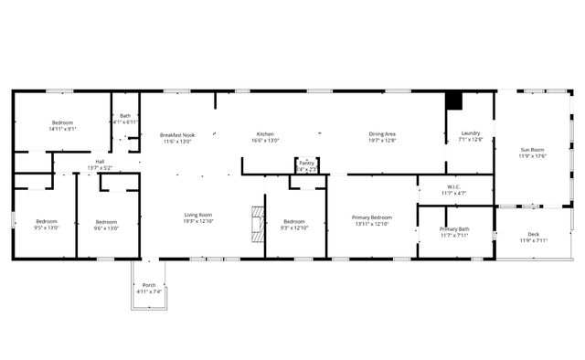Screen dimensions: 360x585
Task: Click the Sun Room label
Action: click(532, 150)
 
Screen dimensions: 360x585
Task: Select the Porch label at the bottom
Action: click(149, 285)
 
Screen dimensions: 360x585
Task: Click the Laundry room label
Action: click(471, 133)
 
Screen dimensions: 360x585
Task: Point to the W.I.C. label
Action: click(454, 186)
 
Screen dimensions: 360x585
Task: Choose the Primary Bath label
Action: click(454, 228)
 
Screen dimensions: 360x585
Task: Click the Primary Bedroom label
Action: click(372, 217)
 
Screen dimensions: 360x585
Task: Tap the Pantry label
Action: click(306, 163)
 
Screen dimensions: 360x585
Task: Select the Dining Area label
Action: click(382, 134)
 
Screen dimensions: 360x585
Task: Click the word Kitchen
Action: click(265, 134)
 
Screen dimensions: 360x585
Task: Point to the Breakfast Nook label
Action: click(177, 134)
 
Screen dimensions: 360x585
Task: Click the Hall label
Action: click(100, 162)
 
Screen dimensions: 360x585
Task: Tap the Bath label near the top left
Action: click(125, 116)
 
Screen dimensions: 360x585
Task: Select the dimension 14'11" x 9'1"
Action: click(62, 129)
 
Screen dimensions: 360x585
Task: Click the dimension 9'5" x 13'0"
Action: click(47, 228)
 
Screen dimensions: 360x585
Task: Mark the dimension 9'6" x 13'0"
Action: click(107, 228)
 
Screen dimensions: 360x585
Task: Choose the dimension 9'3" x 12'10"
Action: click(294, 228)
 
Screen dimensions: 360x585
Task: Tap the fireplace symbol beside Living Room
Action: click(258, 220)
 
